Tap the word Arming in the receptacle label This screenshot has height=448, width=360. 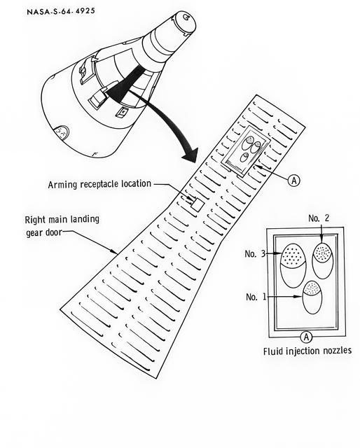[64, 184]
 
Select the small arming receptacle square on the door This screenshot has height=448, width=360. [197, 204]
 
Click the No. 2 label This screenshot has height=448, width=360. [317, 218]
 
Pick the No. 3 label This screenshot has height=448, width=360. [254, 253]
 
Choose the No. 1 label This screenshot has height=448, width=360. [256, 297]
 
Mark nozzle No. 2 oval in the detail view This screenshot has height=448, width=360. [322, 260]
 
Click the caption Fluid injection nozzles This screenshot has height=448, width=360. [307, 351]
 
